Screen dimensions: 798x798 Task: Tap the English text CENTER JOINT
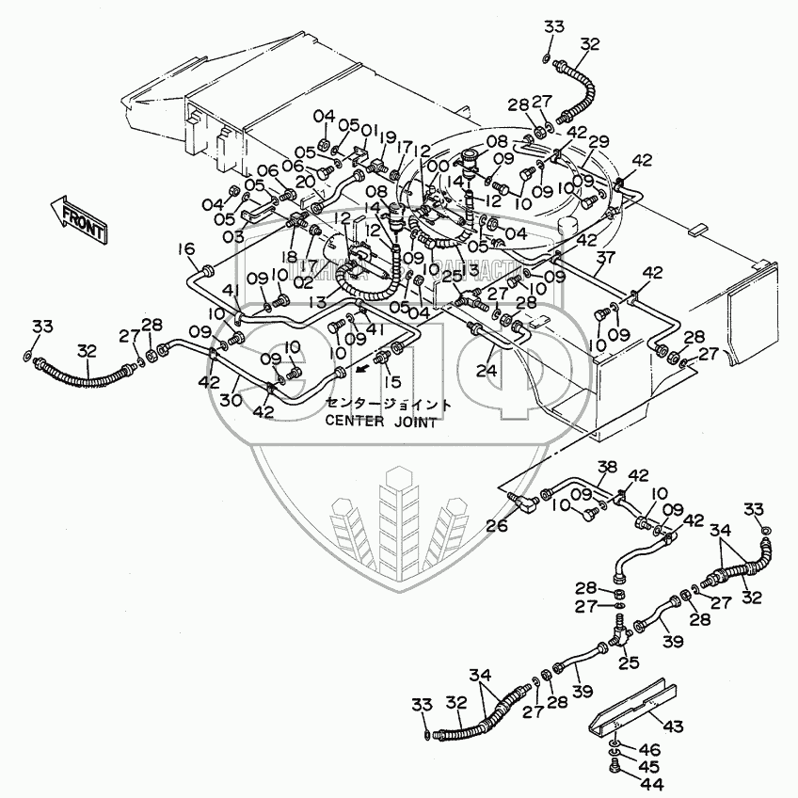pos(380,421)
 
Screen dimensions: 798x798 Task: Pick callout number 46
pos(651,750)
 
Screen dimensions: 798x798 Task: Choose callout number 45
pos(651,766)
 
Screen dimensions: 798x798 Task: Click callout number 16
pos(186,248)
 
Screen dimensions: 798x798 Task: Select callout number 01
pos(368,129)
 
